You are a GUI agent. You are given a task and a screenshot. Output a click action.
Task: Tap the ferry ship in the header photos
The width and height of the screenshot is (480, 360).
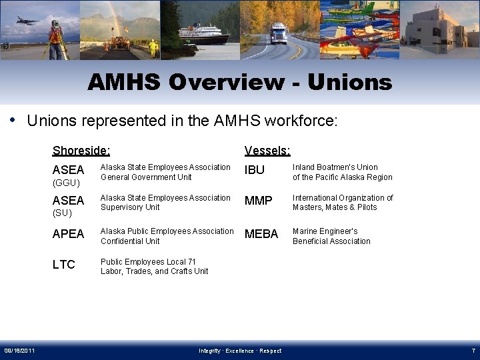203,33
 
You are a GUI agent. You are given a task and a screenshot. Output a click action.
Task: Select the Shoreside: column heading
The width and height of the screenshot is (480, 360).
81,151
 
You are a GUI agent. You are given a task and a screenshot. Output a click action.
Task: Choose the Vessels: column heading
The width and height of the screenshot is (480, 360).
267,151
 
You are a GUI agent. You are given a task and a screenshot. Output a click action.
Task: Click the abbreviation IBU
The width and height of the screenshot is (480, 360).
255,170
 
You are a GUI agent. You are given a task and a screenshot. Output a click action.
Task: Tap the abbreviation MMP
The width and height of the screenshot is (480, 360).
259,201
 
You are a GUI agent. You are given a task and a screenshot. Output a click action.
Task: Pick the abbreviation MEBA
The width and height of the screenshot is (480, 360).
261,234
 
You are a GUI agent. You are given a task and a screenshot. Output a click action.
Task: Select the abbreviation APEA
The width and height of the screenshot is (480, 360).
69,234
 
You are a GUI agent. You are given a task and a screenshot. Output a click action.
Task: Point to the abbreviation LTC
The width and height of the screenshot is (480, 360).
64,265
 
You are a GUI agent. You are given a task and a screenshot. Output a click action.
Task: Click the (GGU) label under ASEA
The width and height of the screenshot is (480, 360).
66,183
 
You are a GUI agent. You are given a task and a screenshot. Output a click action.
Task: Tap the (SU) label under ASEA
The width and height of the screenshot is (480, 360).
63,213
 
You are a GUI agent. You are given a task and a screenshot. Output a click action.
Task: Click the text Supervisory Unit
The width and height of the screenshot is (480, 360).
130,207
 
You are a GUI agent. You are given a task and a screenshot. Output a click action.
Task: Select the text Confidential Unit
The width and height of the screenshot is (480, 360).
130,241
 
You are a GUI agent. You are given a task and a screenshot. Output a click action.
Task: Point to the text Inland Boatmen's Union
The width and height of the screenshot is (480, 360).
335,167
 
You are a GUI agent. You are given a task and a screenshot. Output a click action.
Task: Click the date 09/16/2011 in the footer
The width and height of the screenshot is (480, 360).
21,351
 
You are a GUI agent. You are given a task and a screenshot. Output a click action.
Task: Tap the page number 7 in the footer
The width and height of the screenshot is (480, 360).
473,351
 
